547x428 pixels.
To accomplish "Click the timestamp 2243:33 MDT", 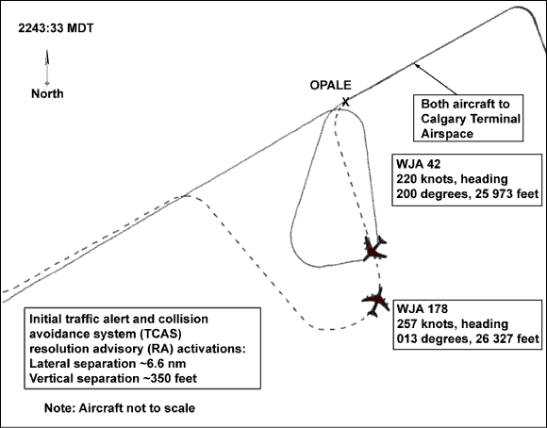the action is [x=56, y=28].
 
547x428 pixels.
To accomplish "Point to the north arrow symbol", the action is [x=47, y=67].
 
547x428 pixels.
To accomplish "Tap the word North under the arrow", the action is [x=47, y=93].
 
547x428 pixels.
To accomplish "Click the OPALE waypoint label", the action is [x=330, y=85].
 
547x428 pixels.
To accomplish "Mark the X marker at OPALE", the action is [x=345, y=102].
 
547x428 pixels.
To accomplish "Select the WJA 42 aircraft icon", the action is [x=374, y=248].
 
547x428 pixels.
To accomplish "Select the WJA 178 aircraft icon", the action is [x=376, y=301].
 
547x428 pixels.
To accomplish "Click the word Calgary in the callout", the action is [x=443, y=119].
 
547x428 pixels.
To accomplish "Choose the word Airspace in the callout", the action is [x=447, y=134].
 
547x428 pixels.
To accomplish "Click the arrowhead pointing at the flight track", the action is [x=417, y=65].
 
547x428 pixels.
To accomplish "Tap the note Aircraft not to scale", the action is [x=137, y=408].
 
